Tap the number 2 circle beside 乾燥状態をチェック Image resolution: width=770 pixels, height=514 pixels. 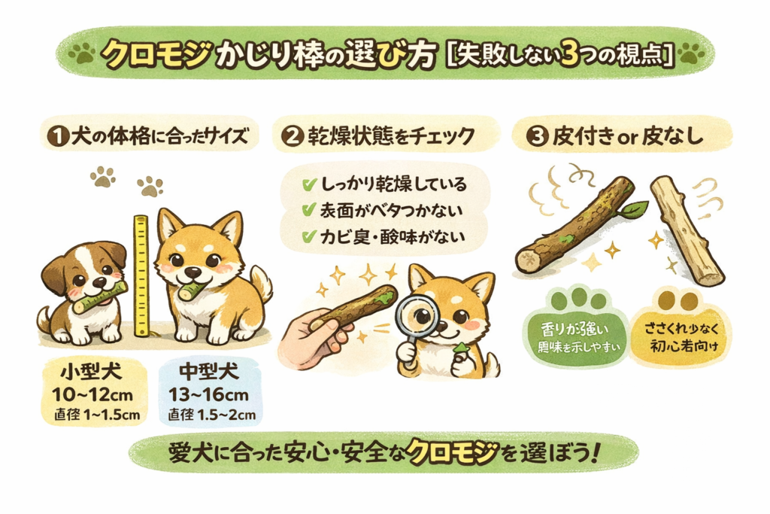point(292,138)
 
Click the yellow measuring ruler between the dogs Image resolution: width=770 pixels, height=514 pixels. point(140,271)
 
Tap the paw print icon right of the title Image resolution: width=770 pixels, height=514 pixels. point(691,54)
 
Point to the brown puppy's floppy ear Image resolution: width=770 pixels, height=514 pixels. point(54,273)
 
